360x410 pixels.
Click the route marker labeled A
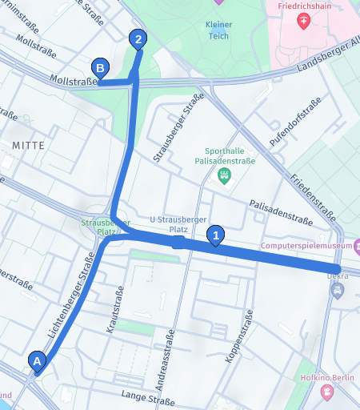(36, 362)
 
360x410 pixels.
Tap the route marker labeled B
(100, 69)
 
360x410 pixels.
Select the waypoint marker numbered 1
(215, 235)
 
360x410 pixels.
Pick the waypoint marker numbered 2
(138, 38)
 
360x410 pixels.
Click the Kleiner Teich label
(218, 30)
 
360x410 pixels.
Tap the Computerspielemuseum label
(308, 247)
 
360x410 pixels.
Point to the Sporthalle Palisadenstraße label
(224, 155)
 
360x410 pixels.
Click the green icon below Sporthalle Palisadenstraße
(225, 175)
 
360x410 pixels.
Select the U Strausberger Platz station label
(179, 224)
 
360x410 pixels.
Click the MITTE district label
(29, 144)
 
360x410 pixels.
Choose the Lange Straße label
(147, 397)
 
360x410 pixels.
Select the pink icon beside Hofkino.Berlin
(326, 392)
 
